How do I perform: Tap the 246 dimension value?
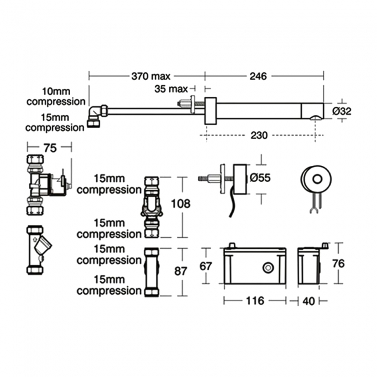pyautogui.click(x=259, y=75)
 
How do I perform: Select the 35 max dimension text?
pyautogui.click(x=172, y=89)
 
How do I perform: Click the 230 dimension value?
pyautogui.click(x=259, y=135)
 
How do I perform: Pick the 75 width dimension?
pyautogui.click(x=50, y=148)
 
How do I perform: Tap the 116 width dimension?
pyautogui.click(x=254, y=300)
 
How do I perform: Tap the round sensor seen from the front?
pyautogui.click(x=317, y=179)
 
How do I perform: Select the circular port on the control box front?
pyautogui.click(x=268, y=267)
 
